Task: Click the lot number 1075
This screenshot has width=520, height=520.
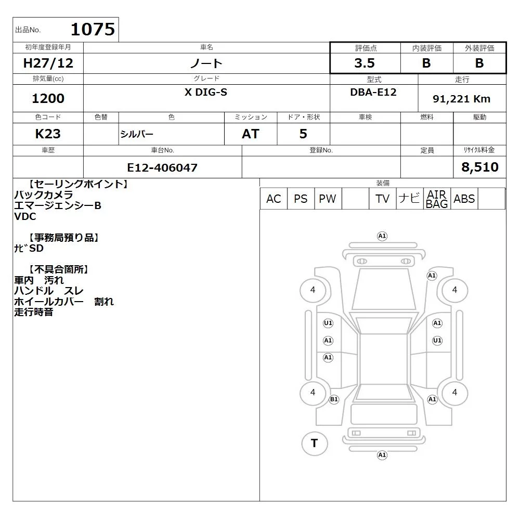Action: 93,29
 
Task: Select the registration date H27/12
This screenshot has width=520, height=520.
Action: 48,63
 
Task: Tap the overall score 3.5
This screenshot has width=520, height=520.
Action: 365,63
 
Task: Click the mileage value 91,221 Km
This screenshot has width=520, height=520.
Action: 461,99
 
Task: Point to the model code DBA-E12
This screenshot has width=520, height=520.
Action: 373,92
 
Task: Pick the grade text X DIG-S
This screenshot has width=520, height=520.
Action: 206,92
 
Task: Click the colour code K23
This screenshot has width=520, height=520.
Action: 48,134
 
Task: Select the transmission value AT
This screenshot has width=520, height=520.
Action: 251,134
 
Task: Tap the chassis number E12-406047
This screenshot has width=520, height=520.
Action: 162,167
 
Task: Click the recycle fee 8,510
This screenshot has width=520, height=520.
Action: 480,167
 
